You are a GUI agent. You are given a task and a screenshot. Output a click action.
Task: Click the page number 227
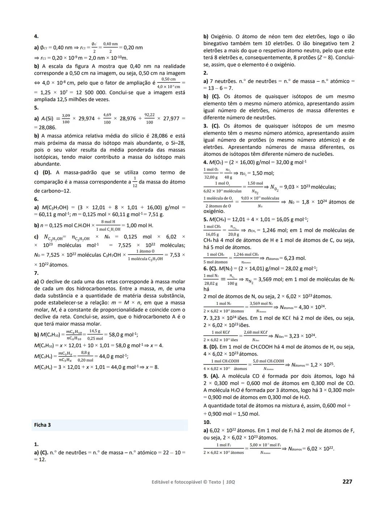(x=347, y=481)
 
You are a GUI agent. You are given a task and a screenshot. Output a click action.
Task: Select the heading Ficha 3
(x=42, y=425)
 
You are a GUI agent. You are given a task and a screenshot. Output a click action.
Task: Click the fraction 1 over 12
(x=135, y=182)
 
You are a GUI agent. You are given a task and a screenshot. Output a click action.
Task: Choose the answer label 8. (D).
(x=211, y=347)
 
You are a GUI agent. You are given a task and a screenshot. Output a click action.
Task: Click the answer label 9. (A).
(x=211, y=376)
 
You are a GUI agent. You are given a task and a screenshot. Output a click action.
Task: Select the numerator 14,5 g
(x=95, y=331)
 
